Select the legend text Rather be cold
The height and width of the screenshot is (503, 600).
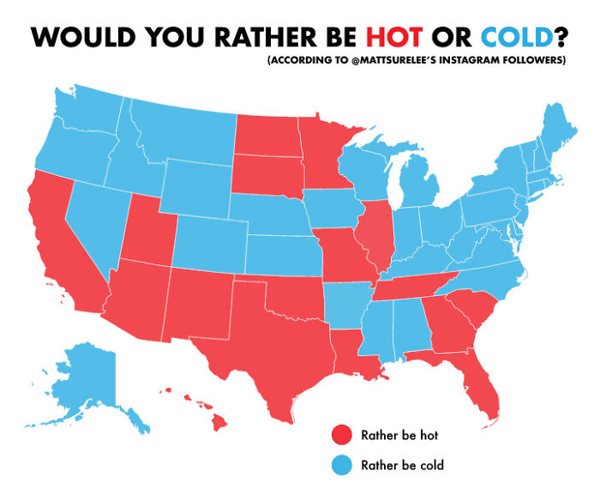tap(402, 466)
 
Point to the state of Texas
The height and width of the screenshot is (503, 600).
tap(266, 343)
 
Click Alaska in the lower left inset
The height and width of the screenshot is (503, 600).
tap(86, 378)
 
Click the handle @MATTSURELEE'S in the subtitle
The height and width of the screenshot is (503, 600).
tap(376, 61)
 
